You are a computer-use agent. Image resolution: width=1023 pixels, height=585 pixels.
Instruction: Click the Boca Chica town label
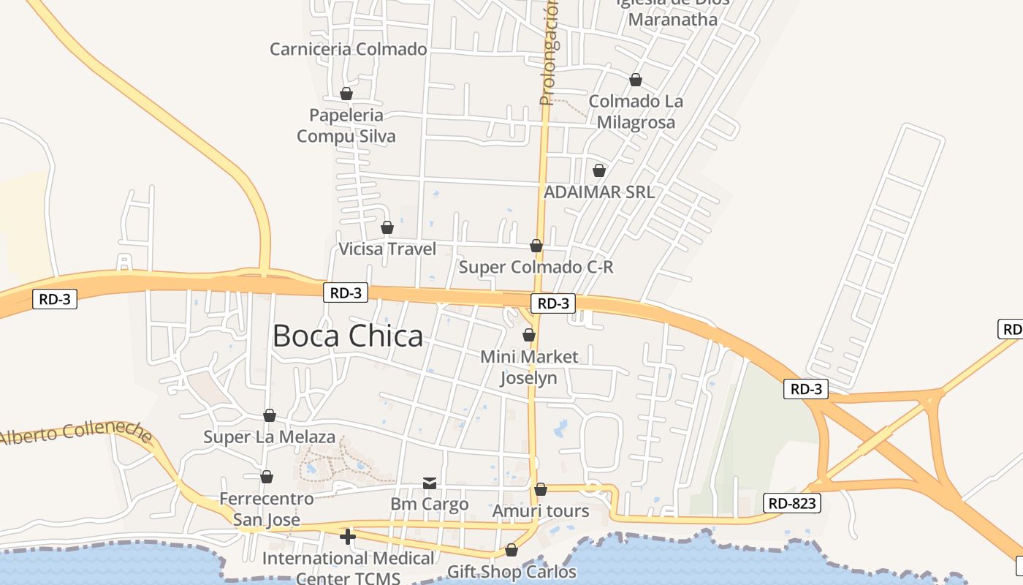(348, 336)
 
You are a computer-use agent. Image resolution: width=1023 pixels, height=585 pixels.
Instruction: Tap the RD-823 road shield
(792, 503)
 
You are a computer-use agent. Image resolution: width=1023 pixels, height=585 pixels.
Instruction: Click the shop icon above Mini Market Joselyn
(529, 335)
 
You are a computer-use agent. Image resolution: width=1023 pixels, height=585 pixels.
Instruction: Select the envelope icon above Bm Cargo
(430, 483)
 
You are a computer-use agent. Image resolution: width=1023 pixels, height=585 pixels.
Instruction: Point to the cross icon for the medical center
(348, 537)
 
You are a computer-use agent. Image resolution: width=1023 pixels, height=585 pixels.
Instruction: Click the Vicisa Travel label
(387, 249)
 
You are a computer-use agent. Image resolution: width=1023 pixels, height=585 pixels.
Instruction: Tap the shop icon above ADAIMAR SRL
(599, 170)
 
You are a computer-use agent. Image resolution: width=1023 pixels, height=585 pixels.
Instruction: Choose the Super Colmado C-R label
(536, 267)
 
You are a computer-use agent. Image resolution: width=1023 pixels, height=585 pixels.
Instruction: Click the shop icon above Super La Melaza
(270, 415)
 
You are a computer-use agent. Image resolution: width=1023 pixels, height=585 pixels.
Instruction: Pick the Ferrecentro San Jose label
(267, 509)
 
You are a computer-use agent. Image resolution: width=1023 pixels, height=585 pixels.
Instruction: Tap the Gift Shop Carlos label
(512, 572)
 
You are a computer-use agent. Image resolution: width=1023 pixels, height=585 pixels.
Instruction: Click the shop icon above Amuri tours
(541, 489)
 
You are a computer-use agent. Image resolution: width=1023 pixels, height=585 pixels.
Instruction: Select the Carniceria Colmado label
(348, 49)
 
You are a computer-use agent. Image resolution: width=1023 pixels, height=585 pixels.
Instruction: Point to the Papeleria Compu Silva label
(346, 126)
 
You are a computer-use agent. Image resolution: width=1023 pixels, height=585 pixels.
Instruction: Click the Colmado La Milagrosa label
(636, 112)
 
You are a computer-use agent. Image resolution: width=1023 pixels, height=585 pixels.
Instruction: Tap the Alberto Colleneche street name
(76, 434)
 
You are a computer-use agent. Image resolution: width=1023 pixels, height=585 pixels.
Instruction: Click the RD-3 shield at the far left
(55, 299)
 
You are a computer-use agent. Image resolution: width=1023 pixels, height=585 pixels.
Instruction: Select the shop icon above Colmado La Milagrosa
(636, 80)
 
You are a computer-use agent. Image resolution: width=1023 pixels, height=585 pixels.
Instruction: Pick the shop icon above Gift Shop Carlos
(512, 550)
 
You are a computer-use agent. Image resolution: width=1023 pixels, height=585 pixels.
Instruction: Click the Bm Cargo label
(430, 504)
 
